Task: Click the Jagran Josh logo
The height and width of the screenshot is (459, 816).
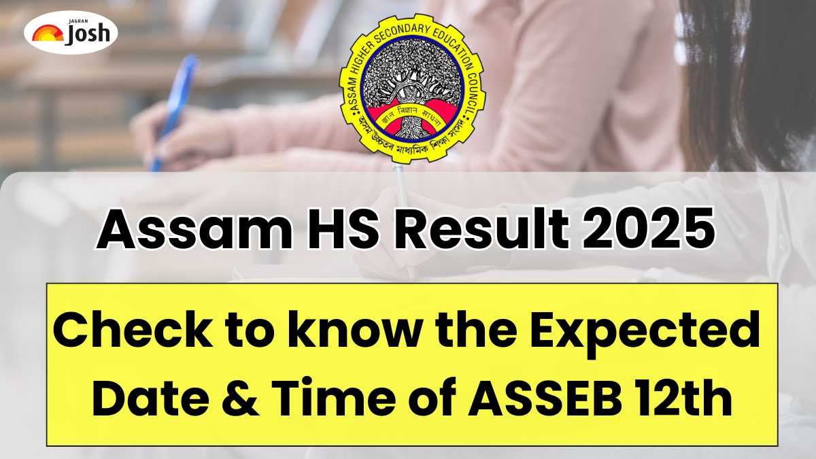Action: click(x=70, y=31)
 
